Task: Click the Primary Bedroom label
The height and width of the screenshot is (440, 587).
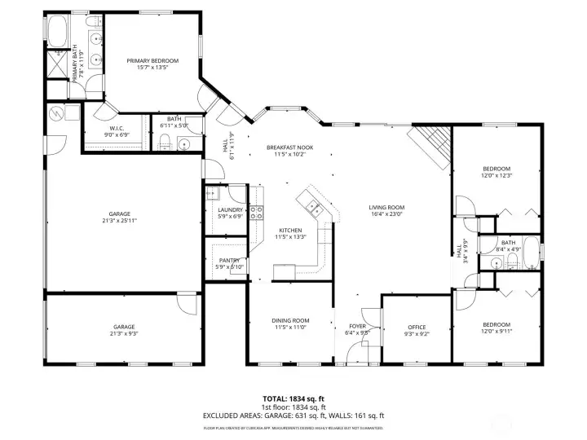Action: point(152,61)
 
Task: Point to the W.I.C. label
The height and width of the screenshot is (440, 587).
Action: point(115,129)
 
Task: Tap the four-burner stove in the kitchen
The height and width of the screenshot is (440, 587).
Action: point(256,213)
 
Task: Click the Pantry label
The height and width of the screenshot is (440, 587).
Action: point(228,260)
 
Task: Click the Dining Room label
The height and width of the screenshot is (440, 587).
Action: point(290,320)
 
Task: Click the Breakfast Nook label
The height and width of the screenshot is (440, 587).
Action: point(289,147)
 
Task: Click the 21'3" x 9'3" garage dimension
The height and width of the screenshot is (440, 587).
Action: point(124,333)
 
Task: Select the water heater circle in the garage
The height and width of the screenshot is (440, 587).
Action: point(56,113)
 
